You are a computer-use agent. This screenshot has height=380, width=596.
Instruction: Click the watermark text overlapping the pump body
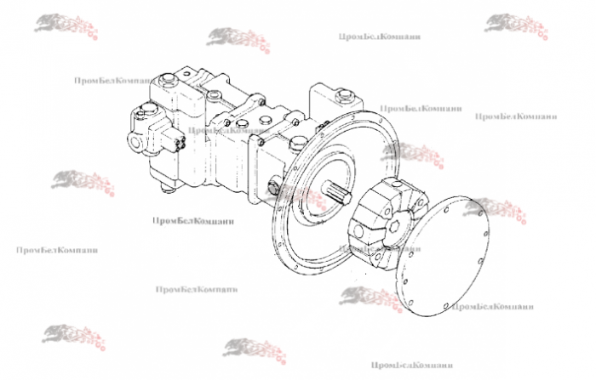coord(219,130)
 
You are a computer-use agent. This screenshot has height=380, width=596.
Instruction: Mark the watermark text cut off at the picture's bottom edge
coord(405,366)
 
